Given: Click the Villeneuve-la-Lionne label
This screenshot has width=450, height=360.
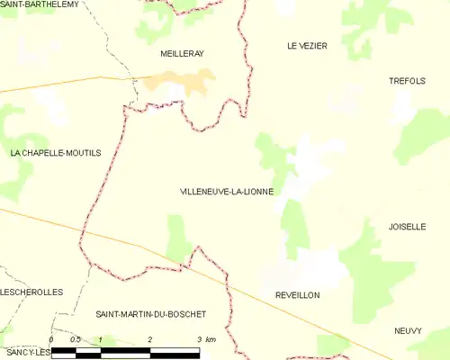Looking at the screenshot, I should [227, 192].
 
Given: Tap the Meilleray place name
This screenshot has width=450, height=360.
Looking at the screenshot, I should [182, 54].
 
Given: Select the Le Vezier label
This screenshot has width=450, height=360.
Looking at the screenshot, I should [307, 45].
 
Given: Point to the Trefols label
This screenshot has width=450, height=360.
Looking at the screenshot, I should [406, 81].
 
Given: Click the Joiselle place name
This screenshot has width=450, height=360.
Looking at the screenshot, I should [407, 227].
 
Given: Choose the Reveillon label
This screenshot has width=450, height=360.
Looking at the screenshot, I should [298, 295].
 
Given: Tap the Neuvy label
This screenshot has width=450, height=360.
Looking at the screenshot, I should [408, 331].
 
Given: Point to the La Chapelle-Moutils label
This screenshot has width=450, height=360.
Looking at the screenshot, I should [56, 154].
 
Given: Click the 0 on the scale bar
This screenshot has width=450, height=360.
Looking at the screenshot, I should [51, 339].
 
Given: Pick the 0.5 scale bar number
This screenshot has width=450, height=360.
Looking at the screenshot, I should [76, 339].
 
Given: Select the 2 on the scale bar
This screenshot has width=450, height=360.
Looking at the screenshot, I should [149, 339].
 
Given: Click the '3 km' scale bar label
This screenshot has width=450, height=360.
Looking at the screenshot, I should [206, 339].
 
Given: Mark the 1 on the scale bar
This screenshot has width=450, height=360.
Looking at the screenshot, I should [101, 339].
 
